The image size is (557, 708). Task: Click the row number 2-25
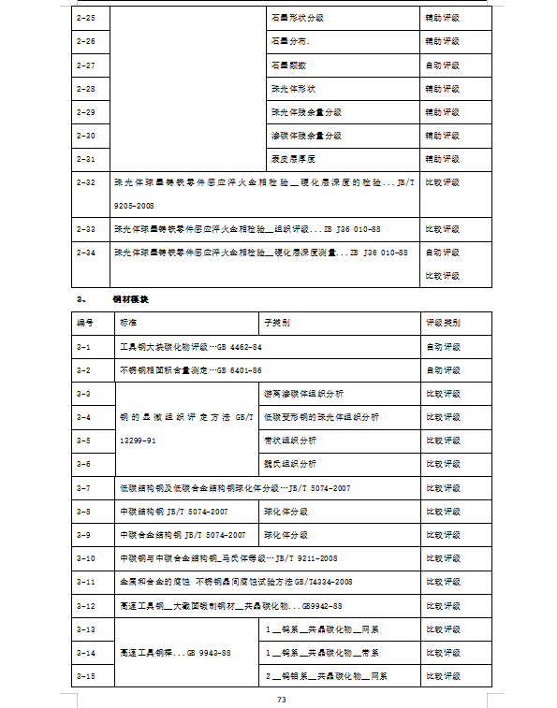[x=85, y=18]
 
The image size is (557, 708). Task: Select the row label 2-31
[x=85, y=159]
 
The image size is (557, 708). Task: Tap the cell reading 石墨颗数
[x=288, y=65]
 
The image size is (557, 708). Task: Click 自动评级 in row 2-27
[x=443, y=65]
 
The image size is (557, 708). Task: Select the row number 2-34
[x=85, y=253]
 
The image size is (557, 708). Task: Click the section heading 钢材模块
[x=130, y=299]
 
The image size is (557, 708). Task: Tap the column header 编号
[x=85, y=323]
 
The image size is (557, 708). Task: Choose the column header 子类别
[x=277, y=323]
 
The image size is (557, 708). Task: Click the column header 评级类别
[x=443, y=323]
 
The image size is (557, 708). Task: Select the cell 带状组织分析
[x=291, y=441]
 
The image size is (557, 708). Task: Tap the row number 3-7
[x=83, y=488]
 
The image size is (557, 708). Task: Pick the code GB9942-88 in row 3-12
[x=334, y=606]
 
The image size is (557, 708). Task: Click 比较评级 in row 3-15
[x=443, y=675]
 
